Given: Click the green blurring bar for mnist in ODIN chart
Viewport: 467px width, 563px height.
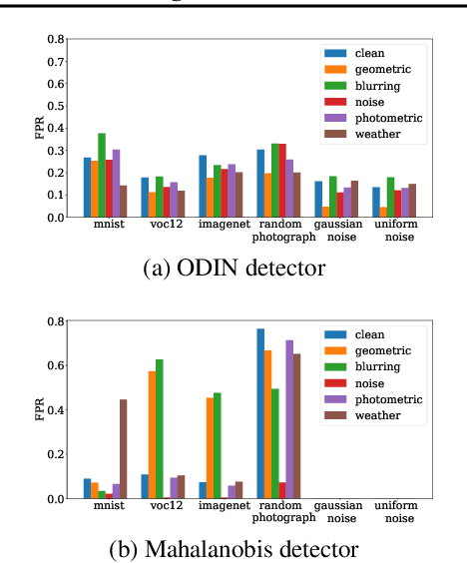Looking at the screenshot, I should coord(102,176).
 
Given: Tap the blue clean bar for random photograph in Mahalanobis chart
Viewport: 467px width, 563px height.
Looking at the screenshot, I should coord(260,413).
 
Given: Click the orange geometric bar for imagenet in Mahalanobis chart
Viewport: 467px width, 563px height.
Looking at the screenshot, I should coord(210,448).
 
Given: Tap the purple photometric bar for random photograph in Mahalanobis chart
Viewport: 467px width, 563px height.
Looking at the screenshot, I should coord(290,419).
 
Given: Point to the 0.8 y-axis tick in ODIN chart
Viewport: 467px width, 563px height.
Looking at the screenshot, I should coord(59,40).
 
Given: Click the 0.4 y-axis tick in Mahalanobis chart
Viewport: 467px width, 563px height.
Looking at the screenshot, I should coord(59,410).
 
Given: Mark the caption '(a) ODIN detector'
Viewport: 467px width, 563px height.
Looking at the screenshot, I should coord(233,268).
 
